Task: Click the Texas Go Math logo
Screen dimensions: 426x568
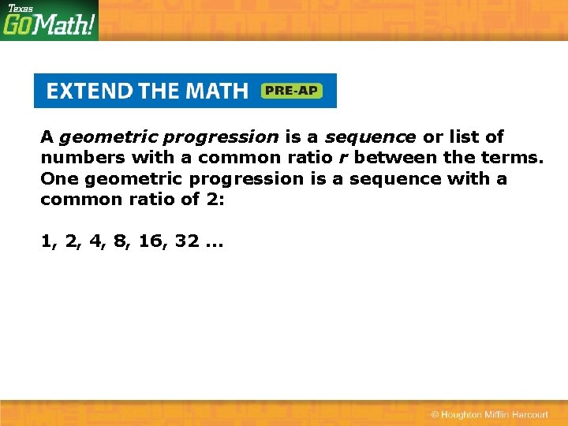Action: [49, 21]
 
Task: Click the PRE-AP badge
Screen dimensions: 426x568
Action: [291, 91]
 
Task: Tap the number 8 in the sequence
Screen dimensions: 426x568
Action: [121, 241]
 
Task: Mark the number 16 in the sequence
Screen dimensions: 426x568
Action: [150, 241]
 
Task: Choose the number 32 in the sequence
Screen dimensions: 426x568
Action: [187, 241]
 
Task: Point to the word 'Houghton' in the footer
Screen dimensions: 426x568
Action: [467, 415]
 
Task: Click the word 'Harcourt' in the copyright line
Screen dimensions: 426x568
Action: [529, 415]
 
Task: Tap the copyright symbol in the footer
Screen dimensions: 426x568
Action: [435, 415]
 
